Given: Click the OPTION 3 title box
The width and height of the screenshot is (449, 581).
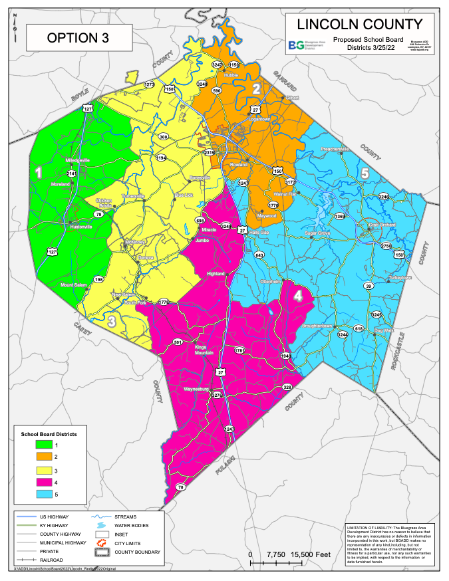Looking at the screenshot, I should tap(78, 38).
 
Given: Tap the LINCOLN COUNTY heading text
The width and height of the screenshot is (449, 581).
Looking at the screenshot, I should tap(359, 25).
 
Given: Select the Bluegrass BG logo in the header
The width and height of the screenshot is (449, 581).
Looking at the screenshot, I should tap(296, 46).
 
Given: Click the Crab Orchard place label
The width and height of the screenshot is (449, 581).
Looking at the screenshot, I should tap(382, 225).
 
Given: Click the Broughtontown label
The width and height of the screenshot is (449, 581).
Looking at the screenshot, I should tap(317, 326).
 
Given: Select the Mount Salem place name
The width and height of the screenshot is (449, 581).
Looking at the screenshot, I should tap(75, 285).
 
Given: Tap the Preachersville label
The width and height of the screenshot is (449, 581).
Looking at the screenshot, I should tap(335, 149).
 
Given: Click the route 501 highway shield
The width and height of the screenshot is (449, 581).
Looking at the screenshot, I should tap(178, 342).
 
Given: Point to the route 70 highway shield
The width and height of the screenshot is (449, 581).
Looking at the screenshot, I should tap(180, 487).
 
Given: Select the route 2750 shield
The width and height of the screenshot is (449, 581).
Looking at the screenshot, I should tap(386, 246).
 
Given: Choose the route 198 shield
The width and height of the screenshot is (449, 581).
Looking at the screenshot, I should tap(98, 280).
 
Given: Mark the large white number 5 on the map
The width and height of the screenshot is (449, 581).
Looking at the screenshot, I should tap(365, 174).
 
